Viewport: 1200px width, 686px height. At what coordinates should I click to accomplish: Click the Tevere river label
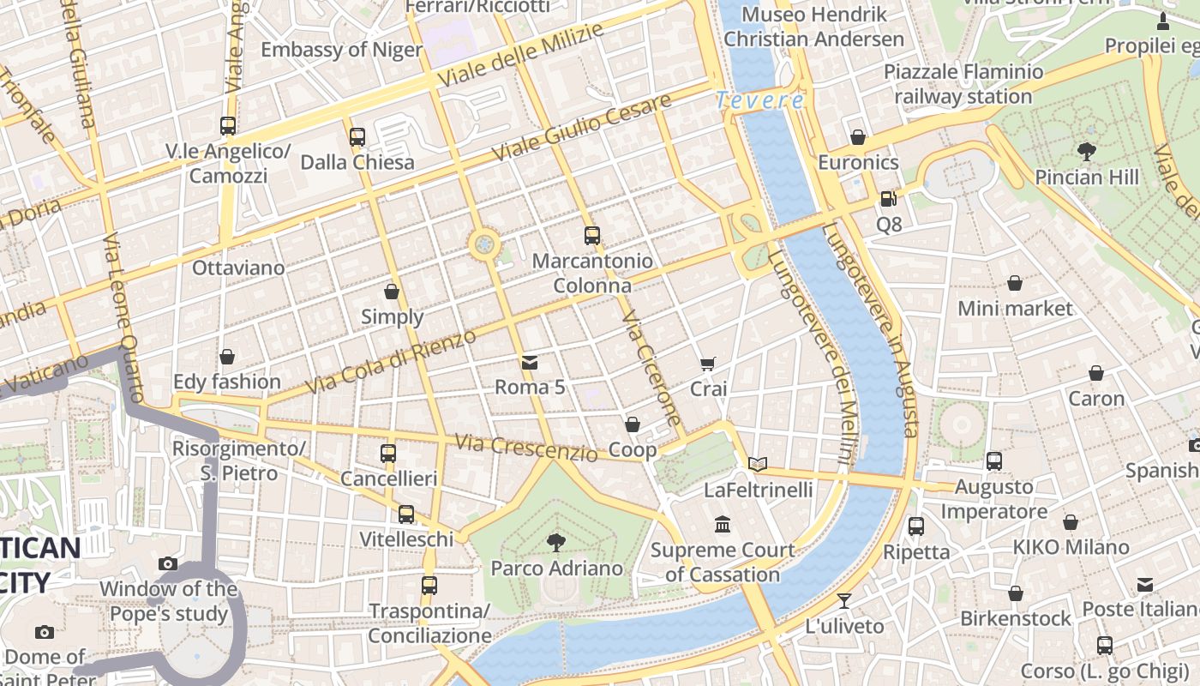[x=760, y=100]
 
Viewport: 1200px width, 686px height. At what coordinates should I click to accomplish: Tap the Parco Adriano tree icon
[x=556, y=542]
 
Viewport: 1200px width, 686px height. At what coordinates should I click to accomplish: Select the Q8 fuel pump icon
[x=889, y=199]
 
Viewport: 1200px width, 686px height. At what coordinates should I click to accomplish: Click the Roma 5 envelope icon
[x=530, y=362]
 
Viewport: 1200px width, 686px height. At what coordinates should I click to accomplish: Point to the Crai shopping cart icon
[x=708, y=364]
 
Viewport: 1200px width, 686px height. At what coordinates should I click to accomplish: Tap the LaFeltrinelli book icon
[x=758, y=464]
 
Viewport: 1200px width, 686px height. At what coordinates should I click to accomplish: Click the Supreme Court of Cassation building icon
[x=723, y=524]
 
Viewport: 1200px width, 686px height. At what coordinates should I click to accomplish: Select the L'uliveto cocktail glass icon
[x=844, y=600]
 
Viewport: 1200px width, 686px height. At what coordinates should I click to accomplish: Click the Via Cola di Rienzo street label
[x=391, y=361]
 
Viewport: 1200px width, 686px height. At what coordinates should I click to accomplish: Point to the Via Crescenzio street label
[x=526, y=448]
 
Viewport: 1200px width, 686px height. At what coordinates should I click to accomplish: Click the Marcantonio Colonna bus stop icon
[x=591, y=236]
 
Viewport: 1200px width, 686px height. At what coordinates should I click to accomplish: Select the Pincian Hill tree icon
[x=1087, y=153]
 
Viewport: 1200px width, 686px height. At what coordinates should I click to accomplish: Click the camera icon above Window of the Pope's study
[x=168, y=563]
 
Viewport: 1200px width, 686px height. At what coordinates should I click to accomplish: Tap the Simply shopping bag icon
[x=392, y=292]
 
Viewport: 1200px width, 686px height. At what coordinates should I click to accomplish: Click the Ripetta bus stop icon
[x=916, y=526]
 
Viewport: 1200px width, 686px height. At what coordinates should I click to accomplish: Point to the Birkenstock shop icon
[x=1016, y=593]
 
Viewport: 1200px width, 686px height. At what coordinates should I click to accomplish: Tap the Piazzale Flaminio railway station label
[x=963, y=84]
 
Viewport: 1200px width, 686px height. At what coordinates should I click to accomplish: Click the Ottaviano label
[x=238, y=268]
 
